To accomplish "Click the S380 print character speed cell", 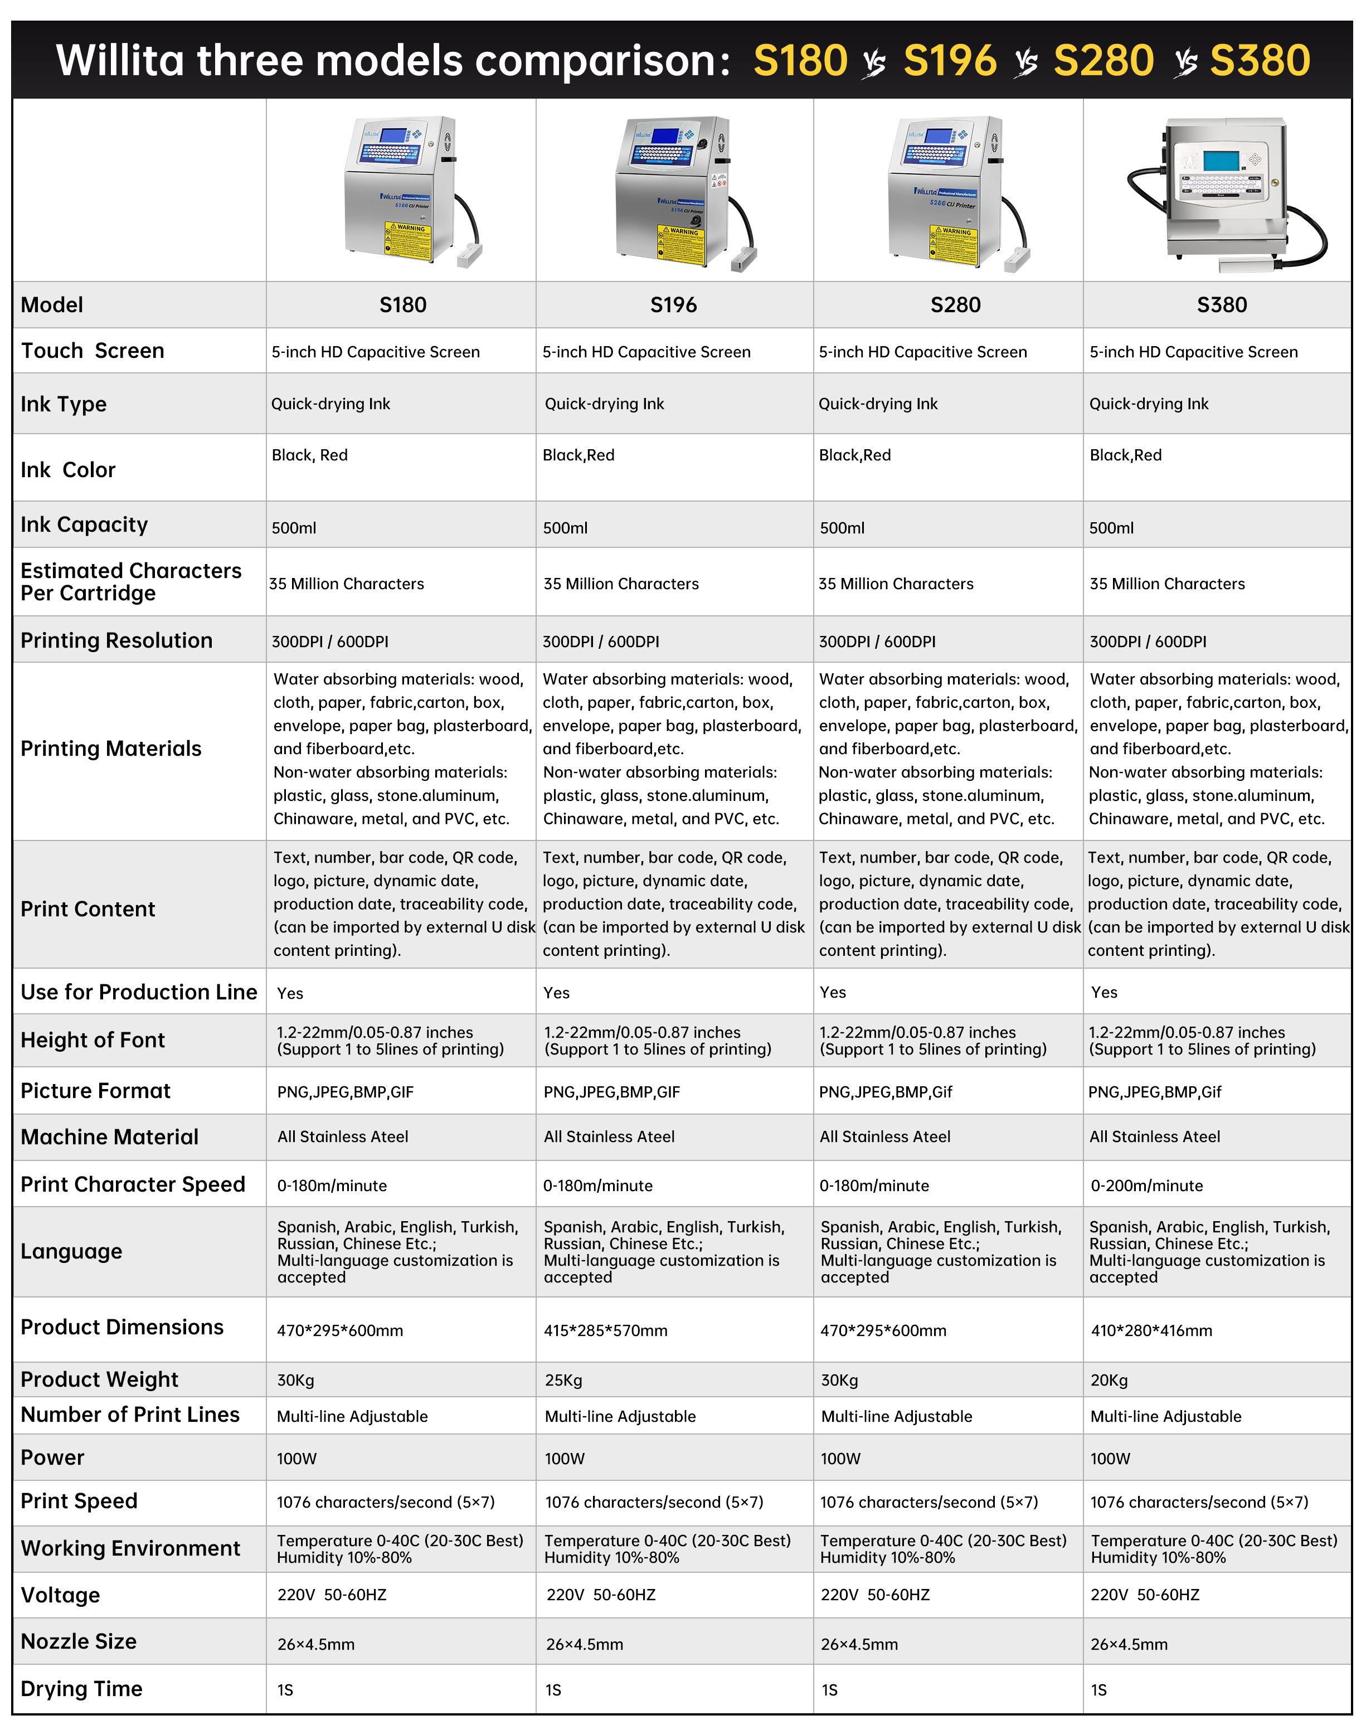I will (x=1146, y=1185).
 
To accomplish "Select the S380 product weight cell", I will (x=1109, y=1379).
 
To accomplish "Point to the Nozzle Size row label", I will (x=79, y=1641).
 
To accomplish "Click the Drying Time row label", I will (x=81, y=1688).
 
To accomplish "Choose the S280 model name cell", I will (x=955, y=305).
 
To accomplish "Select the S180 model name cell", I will (x=402, y=305).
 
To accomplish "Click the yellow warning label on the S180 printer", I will (x=409, y=241).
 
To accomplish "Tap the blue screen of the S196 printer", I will (x=664, y=135).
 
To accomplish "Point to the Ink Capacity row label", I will (x=84, y=524).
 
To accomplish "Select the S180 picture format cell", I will (x=346, y=1092).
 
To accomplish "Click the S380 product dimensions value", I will (x=1151, y=1330).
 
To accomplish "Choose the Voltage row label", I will (x=60, y=1595).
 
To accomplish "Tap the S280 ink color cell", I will (x=854, y=455).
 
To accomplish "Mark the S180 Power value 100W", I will (x=296, y=1458).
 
